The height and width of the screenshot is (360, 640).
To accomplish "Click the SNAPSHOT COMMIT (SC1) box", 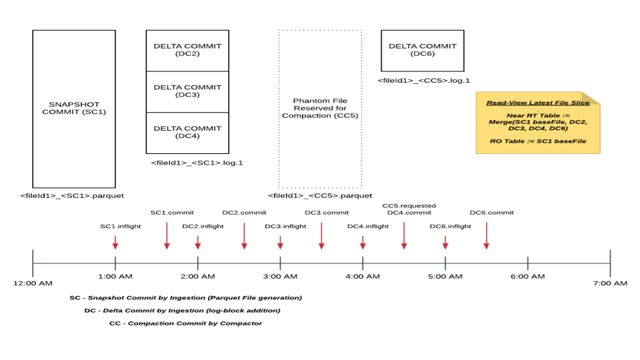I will [x=74, y=109].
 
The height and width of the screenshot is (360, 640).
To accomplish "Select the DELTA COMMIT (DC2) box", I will [x=187, y=50].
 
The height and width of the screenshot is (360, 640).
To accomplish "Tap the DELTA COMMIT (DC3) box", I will [x=187, y=91].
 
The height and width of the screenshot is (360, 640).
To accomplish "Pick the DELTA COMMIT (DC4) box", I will [x=187, y=133].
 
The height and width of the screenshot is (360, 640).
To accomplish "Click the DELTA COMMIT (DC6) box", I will [x=422, y=50].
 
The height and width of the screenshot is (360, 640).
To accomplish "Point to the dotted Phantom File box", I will [x=320, y=109].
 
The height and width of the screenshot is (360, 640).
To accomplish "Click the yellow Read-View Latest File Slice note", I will [x=537, y=123].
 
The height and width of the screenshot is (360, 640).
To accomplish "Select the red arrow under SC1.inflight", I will [x=115, y=242].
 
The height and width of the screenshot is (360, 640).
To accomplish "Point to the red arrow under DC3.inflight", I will [x=280, y=242].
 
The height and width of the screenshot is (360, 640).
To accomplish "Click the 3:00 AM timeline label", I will [x=280, y=276].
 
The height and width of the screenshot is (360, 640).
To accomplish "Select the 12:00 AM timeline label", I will [x=33, y=283].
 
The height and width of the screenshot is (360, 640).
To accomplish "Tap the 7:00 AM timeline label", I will [x=610, y=283].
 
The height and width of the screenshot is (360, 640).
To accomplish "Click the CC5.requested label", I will [x=409, y=206].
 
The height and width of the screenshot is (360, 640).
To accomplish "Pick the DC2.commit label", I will [x=244, y=213].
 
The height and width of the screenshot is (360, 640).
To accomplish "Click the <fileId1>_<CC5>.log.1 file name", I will [x=424, y=81].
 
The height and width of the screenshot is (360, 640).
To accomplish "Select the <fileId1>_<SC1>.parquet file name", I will [x=72, y=195].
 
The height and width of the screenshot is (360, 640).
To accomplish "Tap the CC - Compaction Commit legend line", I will [x=185, y=323].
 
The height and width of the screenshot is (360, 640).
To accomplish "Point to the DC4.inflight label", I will [x=367, y=226].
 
